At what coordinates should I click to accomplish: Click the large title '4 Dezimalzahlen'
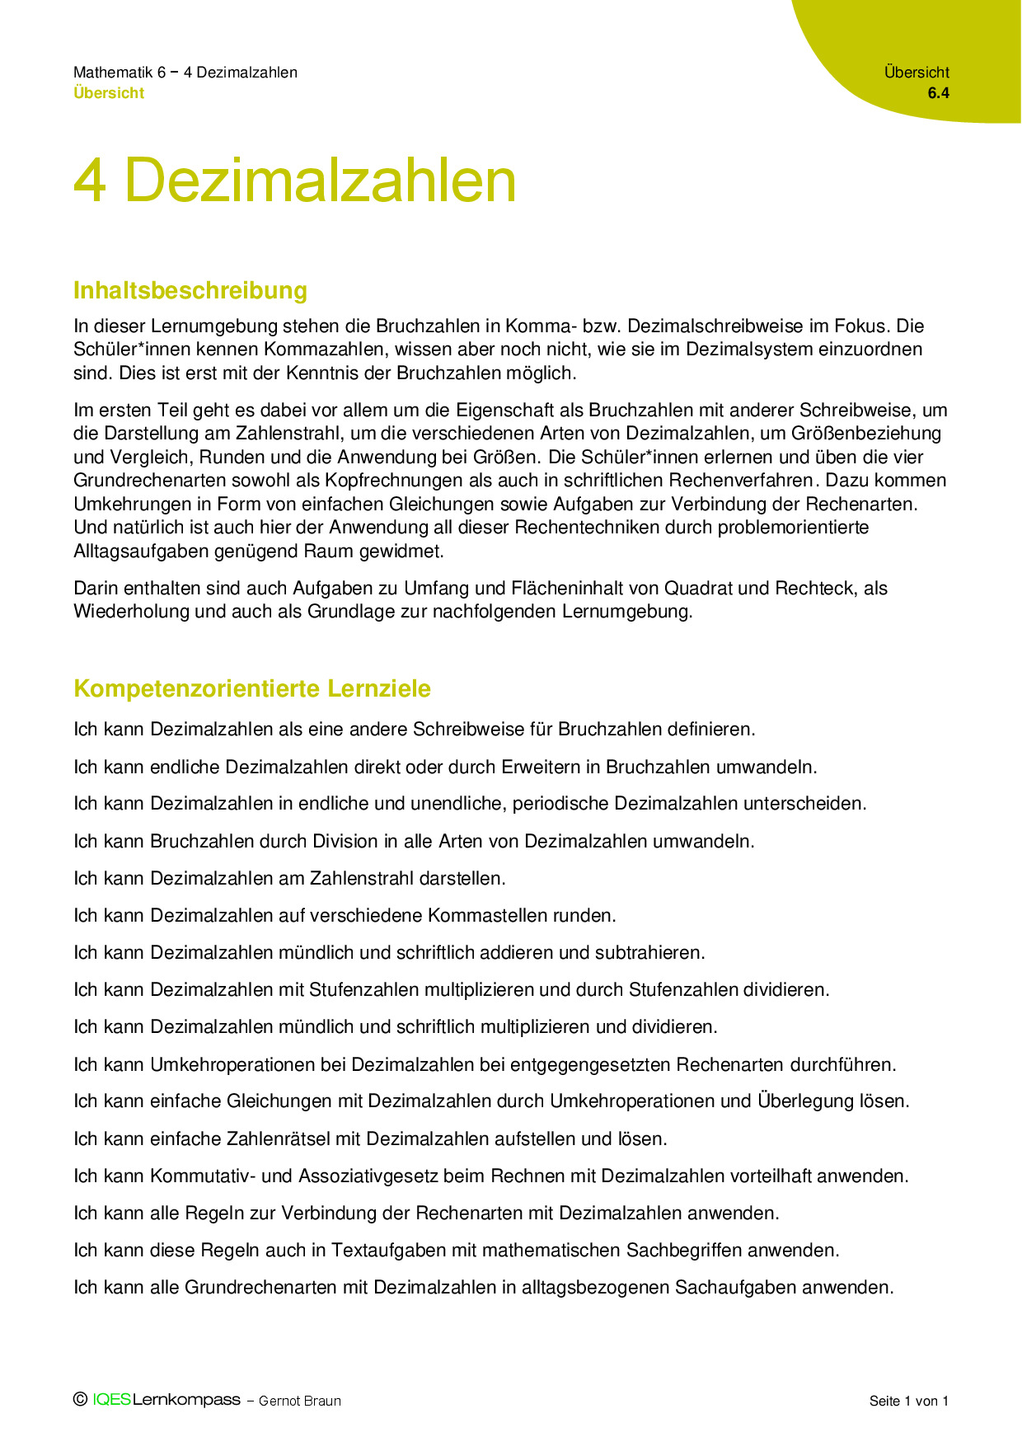coord(294,181)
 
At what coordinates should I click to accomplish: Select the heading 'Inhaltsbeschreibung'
coord(190,290)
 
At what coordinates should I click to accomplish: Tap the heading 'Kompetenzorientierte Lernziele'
coord(252,688)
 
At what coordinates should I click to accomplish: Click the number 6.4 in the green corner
coord(938,93)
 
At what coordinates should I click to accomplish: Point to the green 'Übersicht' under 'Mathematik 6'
coord(109,93)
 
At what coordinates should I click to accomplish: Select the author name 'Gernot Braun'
coord(300,1401)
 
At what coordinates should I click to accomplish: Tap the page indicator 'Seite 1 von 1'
coord(909,1401)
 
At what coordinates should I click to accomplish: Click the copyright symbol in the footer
coord(80,1399)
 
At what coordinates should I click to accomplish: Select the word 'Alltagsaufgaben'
coord(138,551)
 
